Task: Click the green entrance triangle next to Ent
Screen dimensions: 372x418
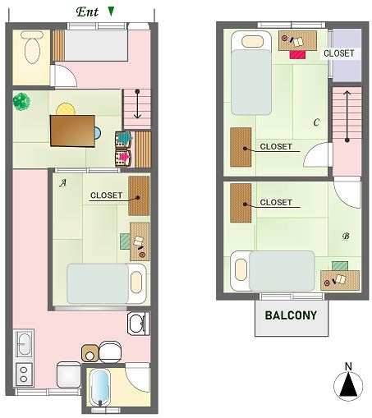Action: pos(111,11)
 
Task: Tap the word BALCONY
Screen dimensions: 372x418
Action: pos(291,315)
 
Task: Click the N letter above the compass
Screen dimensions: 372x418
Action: pos(348,366)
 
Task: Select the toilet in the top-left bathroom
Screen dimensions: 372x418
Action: pos(32,48)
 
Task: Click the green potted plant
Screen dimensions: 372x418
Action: pos(21,102)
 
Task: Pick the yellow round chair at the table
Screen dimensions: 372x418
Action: pos(66,109)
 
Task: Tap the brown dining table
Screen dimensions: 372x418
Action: pos(72,131)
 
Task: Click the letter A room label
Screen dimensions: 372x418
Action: pos(63,182)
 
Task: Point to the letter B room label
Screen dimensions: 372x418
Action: pos(346,236)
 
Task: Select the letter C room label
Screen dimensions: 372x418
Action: pos(316,122)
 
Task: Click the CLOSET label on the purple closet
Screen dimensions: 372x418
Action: pos(339,53)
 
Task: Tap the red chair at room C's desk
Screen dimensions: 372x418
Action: pos(297,54)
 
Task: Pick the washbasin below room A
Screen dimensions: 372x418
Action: pos(138,324)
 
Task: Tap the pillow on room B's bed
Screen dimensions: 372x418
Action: pos(241,270)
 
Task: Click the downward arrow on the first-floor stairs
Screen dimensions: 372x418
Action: pos(137,104)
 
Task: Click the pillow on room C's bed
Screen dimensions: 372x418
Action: pos(252,42)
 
